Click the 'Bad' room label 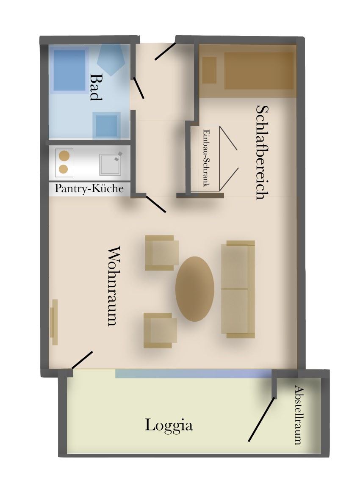click(x=96, y=87)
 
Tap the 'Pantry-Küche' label click(x=89, y=188)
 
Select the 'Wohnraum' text click(x=113, y=286)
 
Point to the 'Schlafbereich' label click(x=262, y=152)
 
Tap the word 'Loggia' click(x=169, y=425)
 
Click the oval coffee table click(x=194, y=289)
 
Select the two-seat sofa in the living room click(x=238, y=289)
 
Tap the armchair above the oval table click(x=162, y=253)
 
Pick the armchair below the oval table click(x=161, y=331)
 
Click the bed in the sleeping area click(x=248, y=71)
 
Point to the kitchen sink click(x=110, y=165)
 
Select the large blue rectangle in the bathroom click(x=69, y=70)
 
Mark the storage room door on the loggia click(x=261, y=419)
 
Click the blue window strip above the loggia click(x=194, y=373)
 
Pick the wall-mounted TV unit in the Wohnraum click(x=54, y=323)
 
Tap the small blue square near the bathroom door click(x=106, y=126)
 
